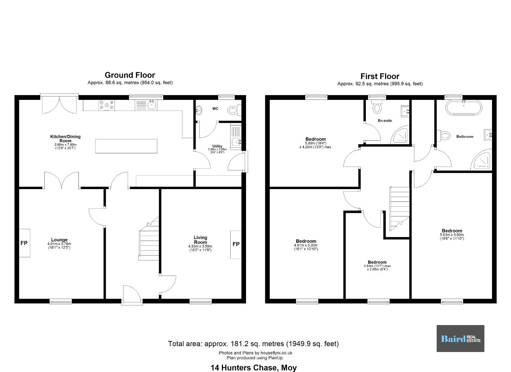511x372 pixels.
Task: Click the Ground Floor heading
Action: coord(130,75)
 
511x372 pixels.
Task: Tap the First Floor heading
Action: coord(380,76)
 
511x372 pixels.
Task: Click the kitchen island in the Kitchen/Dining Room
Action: coord(126,146)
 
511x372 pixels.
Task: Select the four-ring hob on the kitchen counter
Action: coord(107,105)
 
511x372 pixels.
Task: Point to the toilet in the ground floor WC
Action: coord(234,111)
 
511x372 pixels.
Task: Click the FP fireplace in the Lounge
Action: coord(24,243)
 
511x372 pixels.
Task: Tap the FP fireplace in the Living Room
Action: coord(236,244)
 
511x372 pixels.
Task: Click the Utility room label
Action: coord(217,146)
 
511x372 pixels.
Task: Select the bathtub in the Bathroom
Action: coord(464,107)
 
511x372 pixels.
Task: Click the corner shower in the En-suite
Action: coord(400,135)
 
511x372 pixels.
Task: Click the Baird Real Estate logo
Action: coord(460,339)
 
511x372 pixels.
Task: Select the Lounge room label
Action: coord(59,240)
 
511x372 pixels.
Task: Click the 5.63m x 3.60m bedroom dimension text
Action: coord(452,235)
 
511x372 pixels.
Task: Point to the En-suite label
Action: coord(385,121)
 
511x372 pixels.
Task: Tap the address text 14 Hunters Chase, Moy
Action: coord(254,368)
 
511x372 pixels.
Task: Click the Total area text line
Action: coord(254,344)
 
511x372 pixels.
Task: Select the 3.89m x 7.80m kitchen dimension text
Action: coord(65,145)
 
